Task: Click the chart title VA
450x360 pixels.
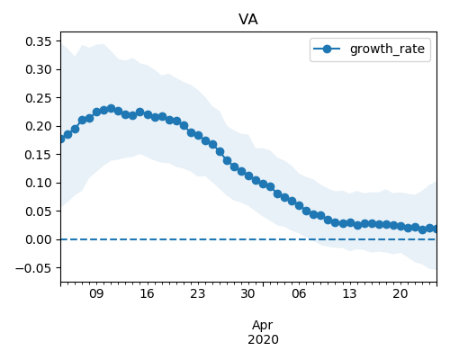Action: coord(248,20)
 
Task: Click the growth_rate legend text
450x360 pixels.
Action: coord(387,49)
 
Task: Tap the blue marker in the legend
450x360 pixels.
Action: coord(327,49)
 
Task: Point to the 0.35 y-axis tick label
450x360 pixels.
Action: coord(39,41)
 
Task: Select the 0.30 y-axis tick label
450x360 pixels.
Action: coord(39,69)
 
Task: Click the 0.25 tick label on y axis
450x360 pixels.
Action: coord(39,98)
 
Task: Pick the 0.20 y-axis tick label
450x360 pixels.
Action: coord(39,126)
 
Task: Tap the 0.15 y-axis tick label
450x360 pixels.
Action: coord(39,155)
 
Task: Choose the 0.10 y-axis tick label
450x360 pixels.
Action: coord(39,183)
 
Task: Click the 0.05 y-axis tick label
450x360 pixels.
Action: coord(39,211)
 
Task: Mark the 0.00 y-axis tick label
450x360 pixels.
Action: coord(39,239)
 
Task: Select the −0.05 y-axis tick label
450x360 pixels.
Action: coord(34,268)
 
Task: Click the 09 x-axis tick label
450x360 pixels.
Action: coord(96,293)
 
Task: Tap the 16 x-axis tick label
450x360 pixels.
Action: coord(147,293)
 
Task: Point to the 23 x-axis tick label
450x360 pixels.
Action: coord(198,293)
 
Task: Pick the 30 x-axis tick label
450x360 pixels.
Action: coord(248,293)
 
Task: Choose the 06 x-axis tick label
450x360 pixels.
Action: coord(299,293)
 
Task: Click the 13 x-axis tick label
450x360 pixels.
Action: coord(349,293)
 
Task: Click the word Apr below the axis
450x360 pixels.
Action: coord(263,326)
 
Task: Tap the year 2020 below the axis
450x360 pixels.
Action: coord(263,339)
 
